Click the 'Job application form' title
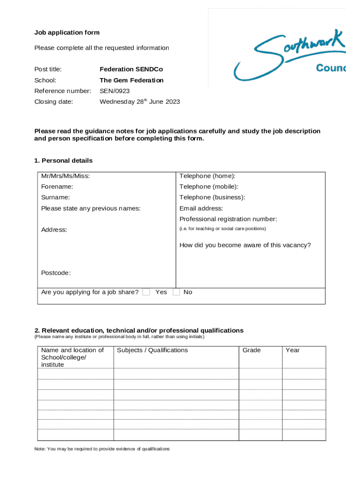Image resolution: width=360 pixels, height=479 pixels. point(67,33)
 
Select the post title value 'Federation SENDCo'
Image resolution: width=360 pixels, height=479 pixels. point(131,69)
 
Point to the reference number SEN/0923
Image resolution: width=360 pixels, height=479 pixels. point(115,91)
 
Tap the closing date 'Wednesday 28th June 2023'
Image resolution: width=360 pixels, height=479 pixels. point(140,102)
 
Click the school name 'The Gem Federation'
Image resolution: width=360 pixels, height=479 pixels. point(131,80)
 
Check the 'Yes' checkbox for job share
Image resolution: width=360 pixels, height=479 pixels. point(146,292)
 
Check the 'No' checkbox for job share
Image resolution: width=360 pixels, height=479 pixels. point(176,292)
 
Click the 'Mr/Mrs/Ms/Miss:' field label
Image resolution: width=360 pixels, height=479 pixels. point(65,176)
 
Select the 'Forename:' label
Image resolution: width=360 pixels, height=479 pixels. point(57,187)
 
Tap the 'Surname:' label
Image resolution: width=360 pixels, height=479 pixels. point(56,197)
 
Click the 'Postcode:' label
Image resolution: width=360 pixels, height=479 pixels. point(56,273)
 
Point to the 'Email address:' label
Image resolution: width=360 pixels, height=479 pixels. point(201,208)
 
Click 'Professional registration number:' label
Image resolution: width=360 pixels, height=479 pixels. point(228,219)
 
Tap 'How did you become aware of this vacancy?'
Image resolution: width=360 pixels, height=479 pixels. point(245,245)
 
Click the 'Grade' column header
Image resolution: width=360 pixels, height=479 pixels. point(252,350)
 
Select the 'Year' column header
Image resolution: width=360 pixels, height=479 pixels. point(293,350)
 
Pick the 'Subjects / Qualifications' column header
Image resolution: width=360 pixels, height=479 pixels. point(152,350)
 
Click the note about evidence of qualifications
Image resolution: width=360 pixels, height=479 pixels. point(102,449)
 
